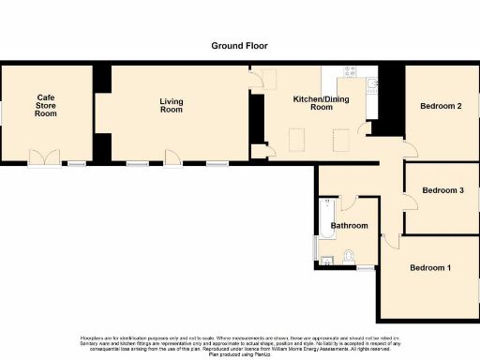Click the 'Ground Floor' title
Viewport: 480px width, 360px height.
239,45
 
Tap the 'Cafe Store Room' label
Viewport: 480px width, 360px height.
46,105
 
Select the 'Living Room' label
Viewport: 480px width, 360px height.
171,106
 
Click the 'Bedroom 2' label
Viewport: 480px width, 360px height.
440,106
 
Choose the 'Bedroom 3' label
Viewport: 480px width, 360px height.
442,190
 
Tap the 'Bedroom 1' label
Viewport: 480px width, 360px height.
429,268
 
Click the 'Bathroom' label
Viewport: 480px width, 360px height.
348,226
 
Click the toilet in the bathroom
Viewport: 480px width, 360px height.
349,257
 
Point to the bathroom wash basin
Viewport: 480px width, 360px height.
326,261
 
